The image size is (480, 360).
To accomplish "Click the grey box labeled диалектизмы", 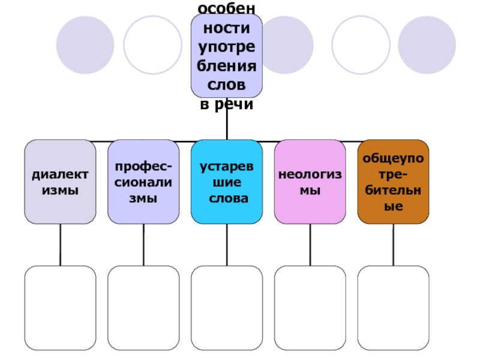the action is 60,182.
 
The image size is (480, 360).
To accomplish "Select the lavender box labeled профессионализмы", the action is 143,182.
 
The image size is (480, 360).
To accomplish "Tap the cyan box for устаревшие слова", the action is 227,182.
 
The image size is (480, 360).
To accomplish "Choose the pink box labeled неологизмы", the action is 310,182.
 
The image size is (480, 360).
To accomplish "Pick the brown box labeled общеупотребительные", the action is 393,182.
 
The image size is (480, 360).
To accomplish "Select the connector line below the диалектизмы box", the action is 60,245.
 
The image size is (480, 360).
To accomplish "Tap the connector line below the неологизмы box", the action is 310,245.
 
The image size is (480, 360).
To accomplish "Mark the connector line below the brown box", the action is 394,245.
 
